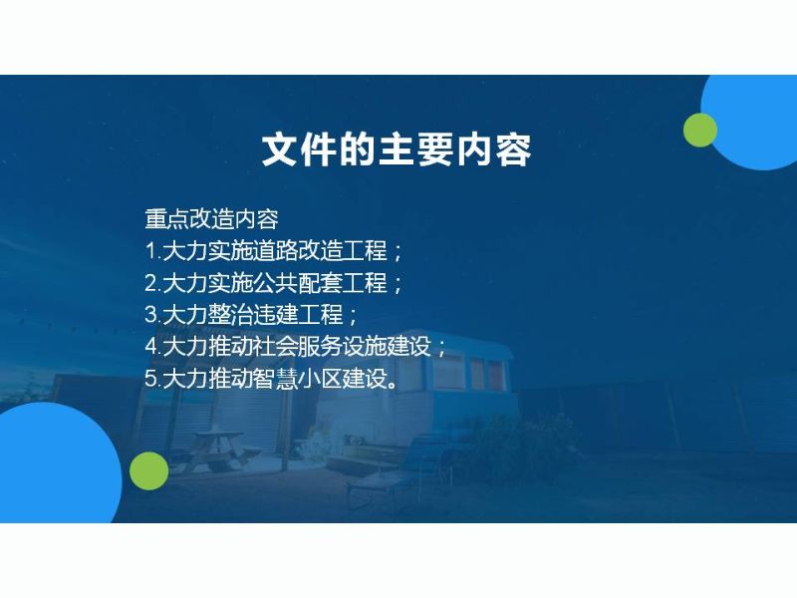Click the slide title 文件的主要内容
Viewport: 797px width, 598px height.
pyautogui.click(x=397, y=150)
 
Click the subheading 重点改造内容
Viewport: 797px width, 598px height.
pyautogui.click(x=211, y=219)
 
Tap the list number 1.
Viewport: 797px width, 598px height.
pyautogui.click(x=151, y=251)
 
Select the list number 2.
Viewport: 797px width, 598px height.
pyautogui.click(x=151, y=283)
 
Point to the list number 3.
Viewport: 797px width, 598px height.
pyautogui.click(x=151, y=315)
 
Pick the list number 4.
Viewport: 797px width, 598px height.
pyautogui.click(x=151, y=347)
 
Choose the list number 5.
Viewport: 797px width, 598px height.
pyautogui.click(x=151, y=379)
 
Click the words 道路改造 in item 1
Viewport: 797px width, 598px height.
pyautogui.click(x=298, y=251)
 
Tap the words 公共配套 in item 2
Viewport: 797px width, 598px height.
pyautogui.click(x=298, y=283)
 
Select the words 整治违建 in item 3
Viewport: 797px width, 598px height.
pyautogui.click(x=253, y=315)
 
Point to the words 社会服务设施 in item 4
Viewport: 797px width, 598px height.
pyautogui.click(x=320, y=347)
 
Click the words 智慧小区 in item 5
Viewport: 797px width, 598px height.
pyautogui.click(x=298, y=379)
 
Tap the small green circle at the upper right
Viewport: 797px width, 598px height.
pyautogui.click(x=700, y=131)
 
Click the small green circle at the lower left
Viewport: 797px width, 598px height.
pyautogui.click(x=148, y=470)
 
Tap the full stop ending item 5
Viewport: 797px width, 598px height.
pyautogui.click(x=392, y=385)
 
